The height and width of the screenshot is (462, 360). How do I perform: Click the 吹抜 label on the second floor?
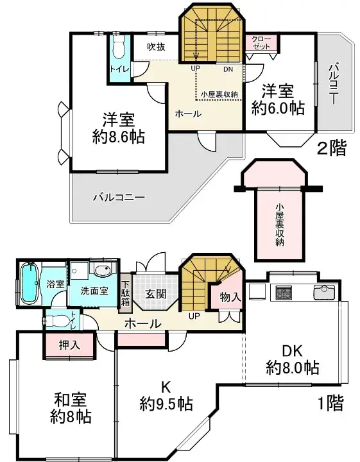coord(157,46)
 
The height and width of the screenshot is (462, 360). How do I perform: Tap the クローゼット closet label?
coord(261,44)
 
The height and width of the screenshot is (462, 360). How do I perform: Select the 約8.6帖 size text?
coord(118,137)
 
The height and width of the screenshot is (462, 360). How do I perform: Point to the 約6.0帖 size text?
coord(277,108)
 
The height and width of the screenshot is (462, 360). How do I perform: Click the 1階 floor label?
coord(330,404)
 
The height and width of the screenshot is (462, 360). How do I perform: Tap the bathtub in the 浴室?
coord(29,283)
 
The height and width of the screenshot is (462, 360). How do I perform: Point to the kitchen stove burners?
coord(284,293)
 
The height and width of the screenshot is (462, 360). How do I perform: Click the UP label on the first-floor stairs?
coord(193,316)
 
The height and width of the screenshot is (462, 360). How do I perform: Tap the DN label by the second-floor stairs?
coord(228,69)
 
